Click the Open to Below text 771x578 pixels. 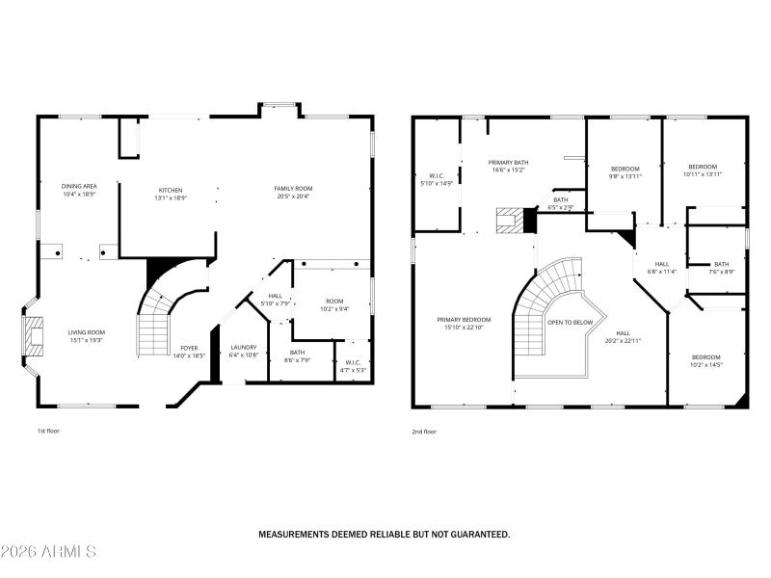(x=570, y=322)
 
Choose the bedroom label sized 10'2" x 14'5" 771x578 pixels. (x=705, y=360)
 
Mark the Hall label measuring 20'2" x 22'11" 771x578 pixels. (x=623, y=336)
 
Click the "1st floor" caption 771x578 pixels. (x=48, y=432)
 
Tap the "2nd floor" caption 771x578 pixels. (x=424, y=432)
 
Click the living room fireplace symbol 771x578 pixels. (x=35, y=336)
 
